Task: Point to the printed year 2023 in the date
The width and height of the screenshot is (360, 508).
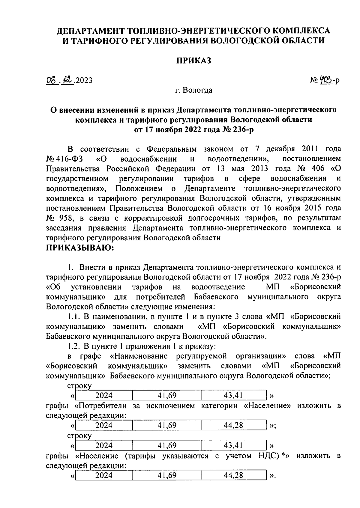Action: (84, 81)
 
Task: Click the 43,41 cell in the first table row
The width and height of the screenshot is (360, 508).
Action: (233, 396)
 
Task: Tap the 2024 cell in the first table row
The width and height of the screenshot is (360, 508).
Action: (104, 396)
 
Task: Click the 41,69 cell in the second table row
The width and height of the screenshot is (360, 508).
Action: (167, 425)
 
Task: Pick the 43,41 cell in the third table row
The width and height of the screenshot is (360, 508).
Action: (233, 445)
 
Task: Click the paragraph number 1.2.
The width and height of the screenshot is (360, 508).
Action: (73, 346)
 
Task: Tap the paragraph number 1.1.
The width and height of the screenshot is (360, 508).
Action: (73, 316)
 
